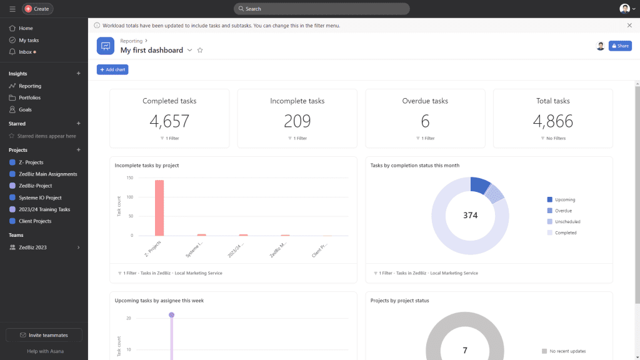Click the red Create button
[37, 9]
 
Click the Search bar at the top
[321, 9]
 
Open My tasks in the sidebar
[29, 40]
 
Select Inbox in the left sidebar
[25, 52]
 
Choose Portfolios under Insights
[29, 97]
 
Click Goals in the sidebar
[25, 109]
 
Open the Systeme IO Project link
[40, 197]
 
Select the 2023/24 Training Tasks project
[44, 209]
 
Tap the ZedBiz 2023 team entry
[32, 247]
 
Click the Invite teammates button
[44, 335]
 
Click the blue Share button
[620, 46]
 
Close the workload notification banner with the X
[629, 26]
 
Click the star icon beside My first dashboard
[200, 50]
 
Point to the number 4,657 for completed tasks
[169, 121]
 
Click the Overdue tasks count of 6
[425, 121]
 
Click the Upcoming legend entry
[564, 200]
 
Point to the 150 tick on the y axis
[130, 177]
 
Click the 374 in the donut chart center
[470, 216]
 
